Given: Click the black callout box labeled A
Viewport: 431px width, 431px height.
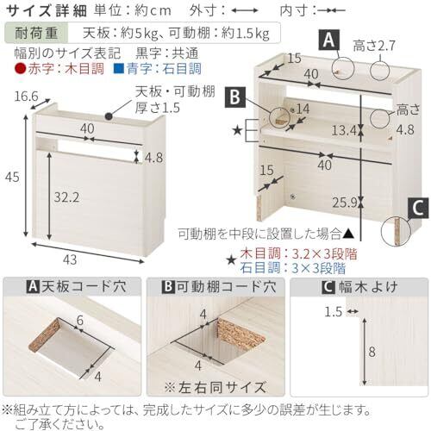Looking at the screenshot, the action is [x=328, y=40].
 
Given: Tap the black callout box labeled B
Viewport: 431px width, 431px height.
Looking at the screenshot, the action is [x=235, y=97].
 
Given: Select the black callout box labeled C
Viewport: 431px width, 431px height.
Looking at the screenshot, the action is [x=418, y=209].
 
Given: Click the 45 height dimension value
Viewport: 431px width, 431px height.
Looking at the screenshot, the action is [x=12, y=177].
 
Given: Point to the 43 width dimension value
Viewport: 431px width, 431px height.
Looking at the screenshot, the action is [x=70, y=259].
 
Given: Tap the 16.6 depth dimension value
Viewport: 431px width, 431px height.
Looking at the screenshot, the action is [x=26, y=97].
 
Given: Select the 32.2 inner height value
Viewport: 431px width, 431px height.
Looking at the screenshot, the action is [x=66, y=197].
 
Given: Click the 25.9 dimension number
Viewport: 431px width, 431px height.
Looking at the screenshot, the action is [x=345, y=203].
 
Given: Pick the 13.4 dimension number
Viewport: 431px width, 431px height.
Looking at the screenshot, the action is [x=344, y=131].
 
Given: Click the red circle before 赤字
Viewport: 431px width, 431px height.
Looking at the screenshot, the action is [x=20, y=69].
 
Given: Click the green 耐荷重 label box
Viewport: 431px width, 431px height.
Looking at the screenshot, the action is [x=36, y=33].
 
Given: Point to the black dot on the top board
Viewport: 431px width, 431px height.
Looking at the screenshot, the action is [x=109, y=116].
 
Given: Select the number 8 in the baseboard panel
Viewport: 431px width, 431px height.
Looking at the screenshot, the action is [x=372, y=352].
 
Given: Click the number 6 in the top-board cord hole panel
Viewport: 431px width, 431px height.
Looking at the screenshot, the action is [x=80, y=320].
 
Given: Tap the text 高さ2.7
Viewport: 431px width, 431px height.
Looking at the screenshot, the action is [x=374, y=46].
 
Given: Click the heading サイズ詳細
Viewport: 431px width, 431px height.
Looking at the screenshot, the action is [x=47, y=11].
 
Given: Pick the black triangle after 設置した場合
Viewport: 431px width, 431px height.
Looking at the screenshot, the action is [x=349, y=234].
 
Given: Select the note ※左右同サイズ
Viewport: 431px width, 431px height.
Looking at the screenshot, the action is [x=215, y=387].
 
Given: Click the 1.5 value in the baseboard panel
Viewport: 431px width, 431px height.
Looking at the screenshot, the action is [x=334, y=311].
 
